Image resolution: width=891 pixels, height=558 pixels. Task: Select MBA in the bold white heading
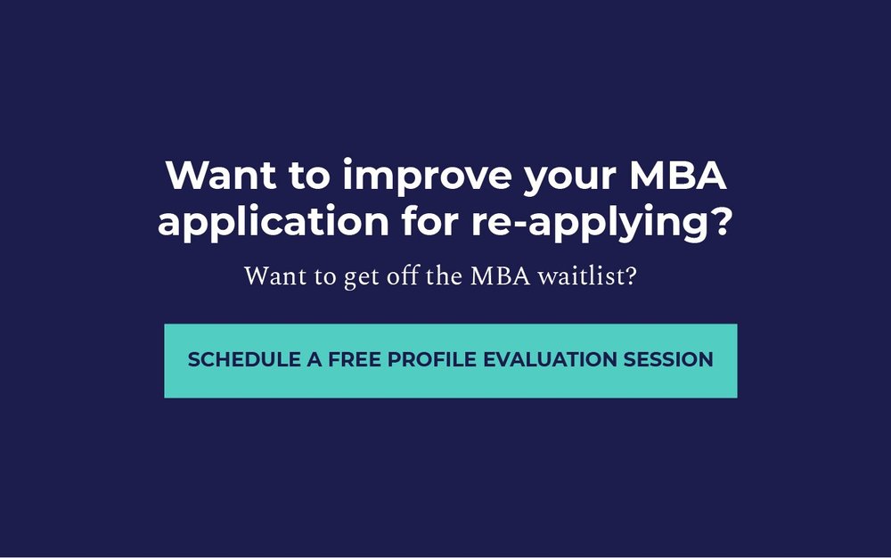coord(679,176)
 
